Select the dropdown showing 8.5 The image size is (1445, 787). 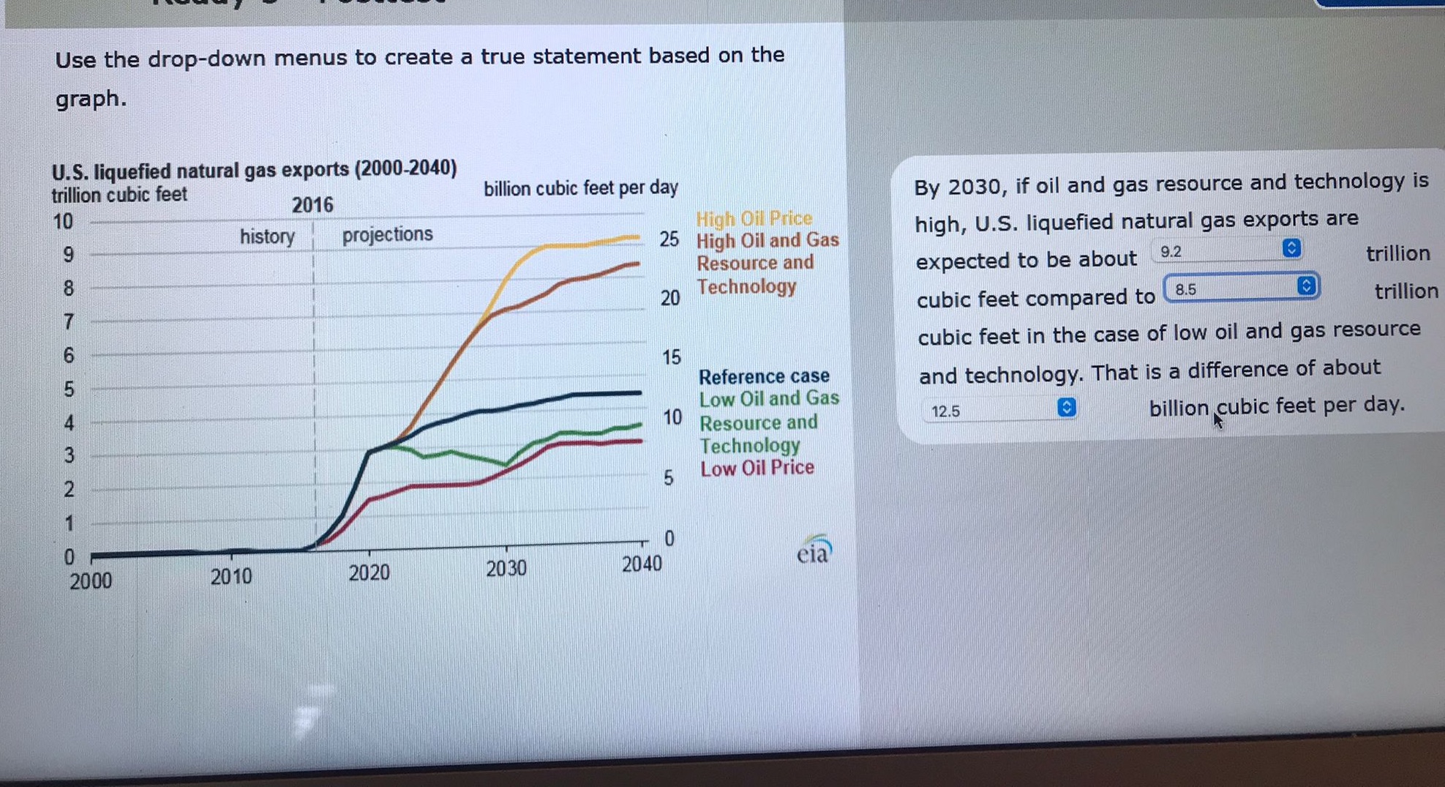[1242, 288]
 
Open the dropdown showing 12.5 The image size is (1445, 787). [999, 410]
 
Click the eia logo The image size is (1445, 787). [814, 551]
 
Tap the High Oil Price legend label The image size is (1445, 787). [754, 218]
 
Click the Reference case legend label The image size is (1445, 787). [763, 376]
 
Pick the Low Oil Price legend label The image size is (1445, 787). [757, 468]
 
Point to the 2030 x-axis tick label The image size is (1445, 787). [506, 569]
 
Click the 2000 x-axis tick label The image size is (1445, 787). [91, 581]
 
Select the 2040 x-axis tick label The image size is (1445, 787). [642, 564]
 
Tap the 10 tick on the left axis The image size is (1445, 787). [63, 221]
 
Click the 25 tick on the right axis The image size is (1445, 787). [669, 239]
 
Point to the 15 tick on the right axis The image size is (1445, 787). [671, 357]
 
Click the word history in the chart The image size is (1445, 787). [267, 236]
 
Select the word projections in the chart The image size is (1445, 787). [387, 234]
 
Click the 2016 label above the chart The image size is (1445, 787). [312, 205]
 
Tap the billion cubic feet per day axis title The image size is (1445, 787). [580, 188]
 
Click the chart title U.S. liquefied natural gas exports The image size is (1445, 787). [254, 170]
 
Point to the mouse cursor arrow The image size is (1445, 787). [1217, 420]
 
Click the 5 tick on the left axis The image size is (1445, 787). [69, 389]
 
